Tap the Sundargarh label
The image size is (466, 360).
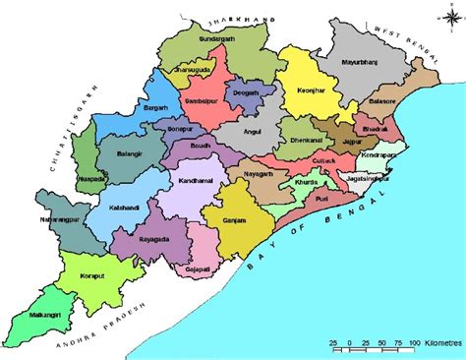point(218,38)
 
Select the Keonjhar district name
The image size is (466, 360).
point(312,90)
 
